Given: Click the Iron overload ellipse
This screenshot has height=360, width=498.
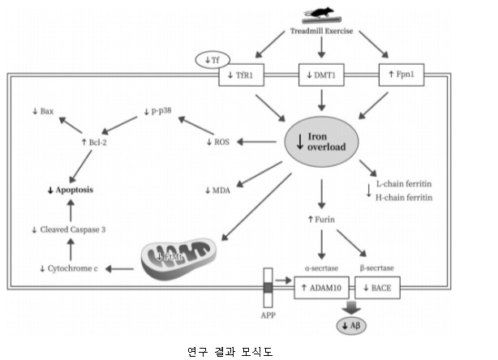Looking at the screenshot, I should [323, 141].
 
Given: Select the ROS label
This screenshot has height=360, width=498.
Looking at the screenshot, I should [219, 142].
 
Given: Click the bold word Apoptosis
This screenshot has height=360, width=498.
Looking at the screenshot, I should [69, 190].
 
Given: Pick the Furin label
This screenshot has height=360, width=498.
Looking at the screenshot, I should [321, 220].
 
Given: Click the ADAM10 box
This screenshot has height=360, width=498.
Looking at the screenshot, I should [322, 289].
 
